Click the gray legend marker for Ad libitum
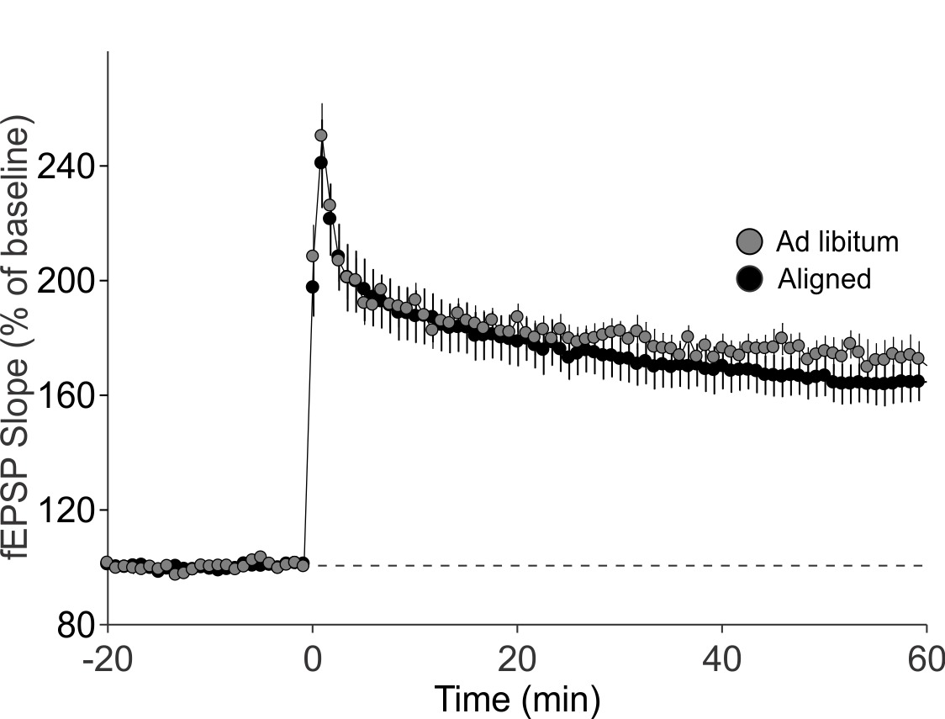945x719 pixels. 749,242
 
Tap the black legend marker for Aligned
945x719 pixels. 749,278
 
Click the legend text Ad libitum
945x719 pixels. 837,242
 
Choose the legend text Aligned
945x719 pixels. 825,278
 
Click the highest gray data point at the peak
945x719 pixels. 320,135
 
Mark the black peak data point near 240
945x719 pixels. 320,162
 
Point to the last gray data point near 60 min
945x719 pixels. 918,359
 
